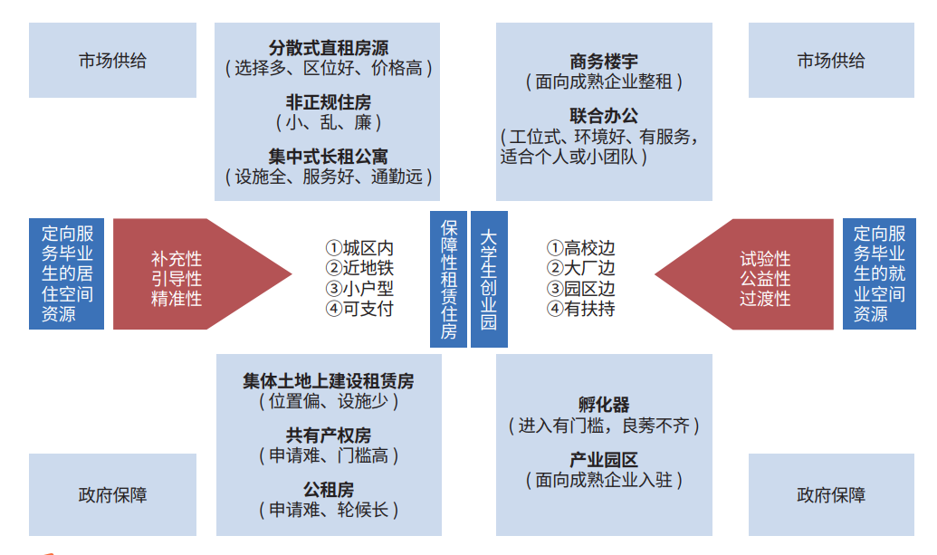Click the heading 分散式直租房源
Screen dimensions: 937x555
pyautogui.click(x=328, y=48)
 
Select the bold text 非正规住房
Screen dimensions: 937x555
pyautogui.click(x=328, y=102)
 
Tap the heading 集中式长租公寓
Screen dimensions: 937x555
pyautogui.click(x=328, y=157)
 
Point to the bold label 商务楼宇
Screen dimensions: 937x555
pyautogui.click(x=604, y=62)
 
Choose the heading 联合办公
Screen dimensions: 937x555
pyautogui.click(x=604, y=116)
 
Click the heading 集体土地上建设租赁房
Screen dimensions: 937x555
pyautogui.click(x=328, y=381)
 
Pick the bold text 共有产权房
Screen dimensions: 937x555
pyautogui.click(x=328, y=435)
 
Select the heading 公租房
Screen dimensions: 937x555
pyautogui.click(x=328, y=490)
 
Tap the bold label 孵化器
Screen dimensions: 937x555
pyautogui.click(x=604, y=405)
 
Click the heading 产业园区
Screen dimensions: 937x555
pyautogui.click(x=604, y=460)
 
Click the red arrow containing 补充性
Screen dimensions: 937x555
pyautogui.click(x=202, y=274)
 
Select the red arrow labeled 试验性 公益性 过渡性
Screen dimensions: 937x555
pyautogui.click(x=744, y=274)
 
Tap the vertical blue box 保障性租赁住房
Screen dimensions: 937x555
pyautogui.click(x=448, y=279)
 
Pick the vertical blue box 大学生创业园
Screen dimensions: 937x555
pyautogui.click(x=489, y=279)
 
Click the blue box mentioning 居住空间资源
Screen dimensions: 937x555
pyautogui.click(x=66, y=273)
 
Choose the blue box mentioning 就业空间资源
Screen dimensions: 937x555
pyautogui.click(x=879, y=273)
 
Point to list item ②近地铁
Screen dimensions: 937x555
pyautogui.click(x=359, y=268)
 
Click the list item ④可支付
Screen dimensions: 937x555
pyautogui.click(x=359, y=309)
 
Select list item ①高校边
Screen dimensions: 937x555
pyautogui.click(x=581, y=248)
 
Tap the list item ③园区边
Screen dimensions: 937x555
pyautogui.click(x=581, y=289)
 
